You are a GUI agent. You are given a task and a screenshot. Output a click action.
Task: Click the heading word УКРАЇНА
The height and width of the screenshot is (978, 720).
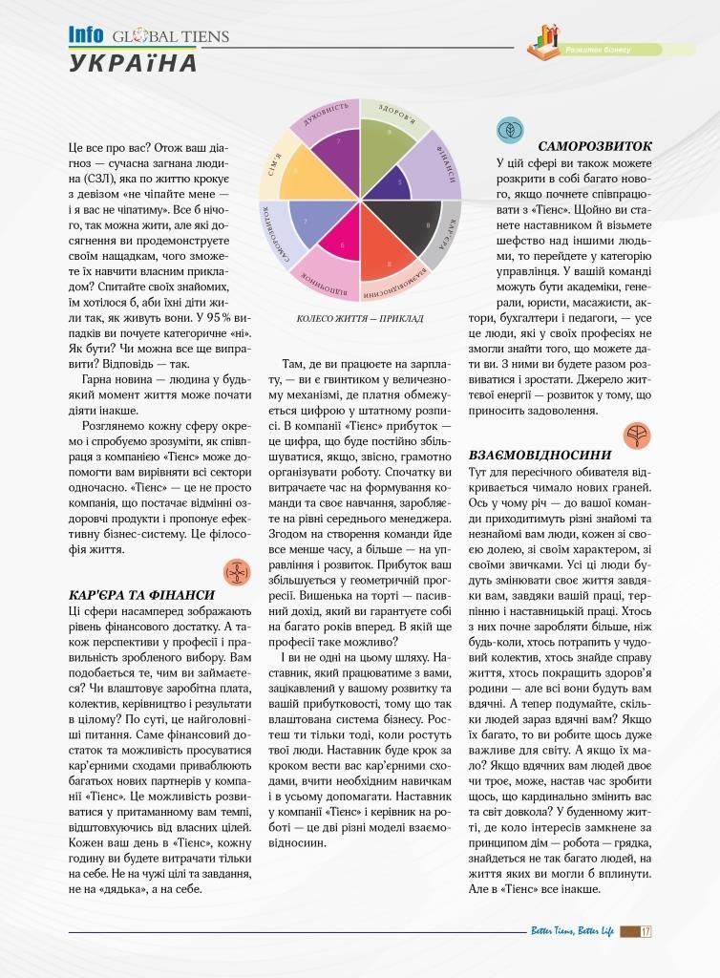[x=133, y=64]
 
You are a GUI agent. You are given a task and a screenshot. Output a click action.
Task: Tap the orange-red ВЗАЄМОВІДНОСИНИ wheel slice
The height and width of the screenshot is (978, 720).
[x=381, y=254]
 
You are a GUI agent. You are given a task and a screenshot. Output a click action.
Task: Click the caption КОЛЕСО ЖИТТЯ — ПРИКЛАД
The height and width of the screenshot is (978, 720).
[x=360, y=319]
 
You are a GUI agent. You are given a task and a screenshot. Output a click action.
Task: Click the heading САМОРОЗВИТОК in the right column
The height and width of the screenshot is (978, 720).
[x=595, y=146]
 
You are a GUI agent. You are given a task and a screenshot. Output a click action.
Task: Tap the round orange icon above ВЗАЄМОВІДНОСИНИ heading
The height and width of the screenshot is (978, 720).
[x=639, y=436]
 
